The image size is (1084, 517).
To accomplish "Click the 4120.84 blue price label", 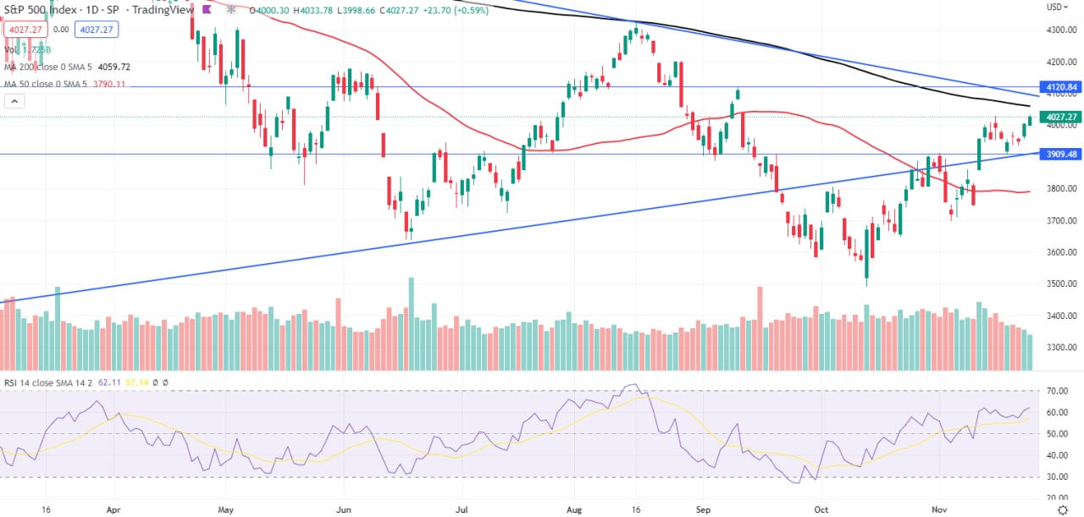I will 1061,87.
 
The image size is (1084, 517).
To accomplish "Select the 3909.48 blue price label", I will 1061,154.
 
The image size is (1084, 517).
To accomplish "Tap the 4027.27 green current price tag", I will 1061,117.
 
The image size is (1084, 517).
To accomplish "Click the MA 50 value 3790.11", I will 110,84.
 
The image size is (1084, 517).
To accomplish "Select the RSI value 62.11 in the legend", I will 107,382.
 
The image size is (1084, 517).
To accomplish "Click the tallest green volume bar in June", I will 412,323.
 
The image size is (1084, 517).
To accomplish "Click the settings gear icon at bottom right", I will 1063,510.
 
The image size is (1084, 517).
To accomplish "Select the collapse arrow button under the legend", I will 14,102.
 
